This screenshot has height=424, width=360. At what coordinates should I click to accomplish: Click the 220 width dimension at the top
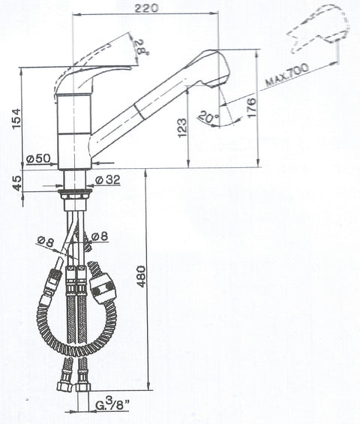click(x=146, y=8)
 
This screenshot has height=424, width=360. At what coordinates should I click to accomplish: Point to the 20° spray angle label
click(x=208, y=116)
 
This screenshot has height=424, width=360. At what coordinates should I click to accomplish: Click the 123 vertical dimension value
click(x=182, y=128)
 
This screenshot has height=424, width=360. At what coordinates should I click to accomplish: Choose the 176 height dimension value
click(x=251, y=107)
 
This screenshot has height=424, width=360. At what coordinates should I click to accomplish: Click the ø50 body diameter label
click(x=39, y=159)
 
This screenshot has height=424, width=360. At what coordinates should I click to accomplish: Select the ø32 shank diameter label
click(x=107, y=179)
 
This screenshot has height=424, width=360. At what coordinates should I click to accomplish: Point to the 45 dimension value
click(x=16, y=183)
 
